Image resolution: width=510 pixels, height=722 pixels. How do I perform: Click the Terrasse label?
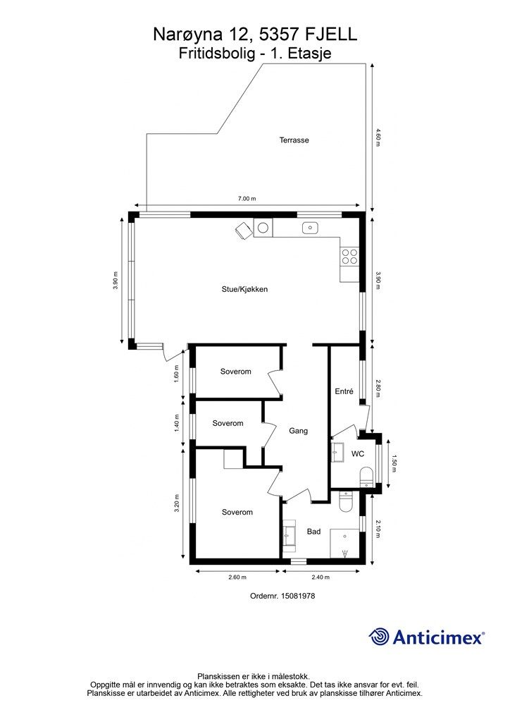[x=294, y=140]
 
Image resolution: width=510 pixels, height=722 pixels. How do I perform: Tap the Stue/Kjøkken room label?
[x=244, y=289]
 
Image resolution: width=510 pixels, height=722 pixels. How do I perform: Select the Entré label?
[x=344, y=391]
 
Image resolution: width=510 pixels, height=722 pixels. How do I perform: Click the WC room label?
[x=358, y=453]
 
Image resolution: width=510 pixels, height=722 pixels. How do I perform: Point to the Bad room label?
[x=313, y=532]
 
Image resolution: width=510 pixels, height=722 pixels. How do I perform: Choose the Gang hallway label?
[x=298, y=431]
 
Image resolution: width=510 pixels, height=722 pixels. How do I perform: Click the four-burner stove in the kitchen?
[x=349, y=257]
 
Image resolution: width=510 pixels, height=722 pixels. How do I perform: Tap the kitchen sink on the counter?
[x=311, y=228]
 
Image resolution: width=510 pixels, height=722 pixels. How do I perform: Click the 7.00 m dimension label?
[x=247, y=198]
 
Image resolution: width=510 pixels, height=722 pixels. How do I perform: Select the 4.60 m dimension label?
[x=378, y=137]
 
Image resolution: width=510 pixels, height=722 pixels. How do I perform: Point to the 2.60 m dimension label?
[x=237, y=577]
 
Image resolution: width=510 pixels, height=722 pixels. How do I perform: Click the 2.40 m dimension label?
[x=321, y=577]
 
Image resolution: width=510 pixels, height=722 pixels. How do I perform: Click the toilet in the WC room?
[x=366, y=476]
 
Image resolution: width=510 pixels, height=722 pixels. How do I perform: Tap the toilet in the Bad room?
[x=345, y=501]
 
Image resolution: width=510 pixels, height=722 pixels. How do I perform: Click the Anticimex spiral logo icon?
[x=379, y=637]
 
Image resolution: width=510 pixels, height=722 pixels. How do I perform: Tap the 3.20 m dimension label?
[x=177, y=503]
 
